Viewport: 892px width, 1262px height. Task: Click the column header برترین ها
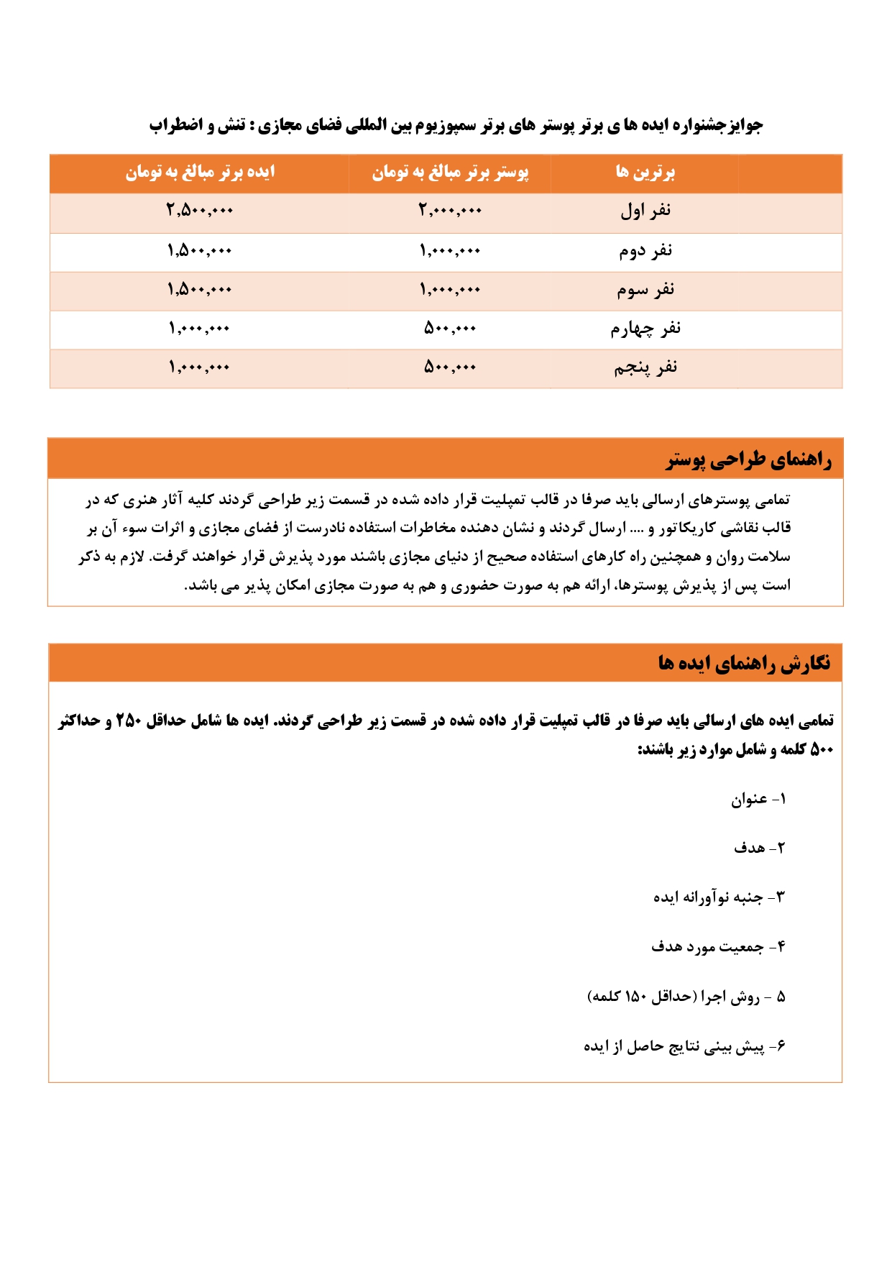pyautogui.click(x=645, y=173)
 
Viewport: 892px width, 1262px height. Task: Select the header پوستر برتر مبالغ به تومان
pyautogui.click(x=450, y=173)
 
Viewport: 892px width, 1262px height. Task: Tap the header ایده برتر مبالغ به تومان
pyautogui.click(x=200, y=173)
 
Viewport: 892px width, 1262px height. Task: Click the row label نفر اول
pyautogui.click(x=645, y=211)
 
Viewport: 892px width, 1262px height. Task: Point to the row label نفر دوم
pyautogui.click(x=645, y=251)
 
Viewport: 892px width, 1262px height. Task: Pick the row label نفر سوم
pyautogui.click(x=645, y=290)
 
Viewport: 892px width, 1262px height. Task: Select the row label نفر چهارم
pyautogui.click(x=645, y=329)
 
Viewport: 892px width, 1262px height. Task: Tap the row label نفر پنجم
pyautogui.click(x=645, y=367)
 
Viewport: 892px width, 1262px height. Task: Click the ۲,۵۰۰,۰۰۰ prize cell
pyautogui.click(x=200, y=211)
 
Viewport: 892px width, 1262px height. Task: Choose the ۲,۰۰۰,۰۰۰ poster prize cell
pyautogui.click(x=450, y=211)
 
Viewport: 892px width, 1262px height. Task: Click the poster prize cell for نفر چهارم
pyautogui.click(x=450, y=329)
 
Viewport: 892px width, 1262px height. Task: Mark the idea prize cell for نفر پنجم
pyautogui.click(x=200, y=367)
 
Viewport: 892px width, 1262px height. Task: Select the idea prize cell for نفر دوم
pyautogui.click(x=200, y=251)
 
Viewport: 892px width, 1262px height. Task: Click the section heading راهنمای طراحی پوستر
pyautogui.click(x=748, y=459)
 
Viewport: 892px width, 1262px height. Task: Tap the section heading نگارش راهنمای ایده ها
pyautogui.click(x=744, y=662)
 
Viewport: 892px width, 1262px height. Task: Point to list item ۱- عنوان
pyautogui.click(x=759, y=799)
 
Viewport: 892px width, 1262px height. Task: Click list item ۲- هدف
pyautogui.click(x=760, y=848)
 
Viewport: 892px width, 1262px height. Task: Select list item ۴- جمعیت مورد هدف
pyautogui.click(x=718, y=946)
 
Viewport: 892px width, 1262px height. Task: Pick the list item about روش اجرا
pyautogui.click(x=686, y=997)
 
